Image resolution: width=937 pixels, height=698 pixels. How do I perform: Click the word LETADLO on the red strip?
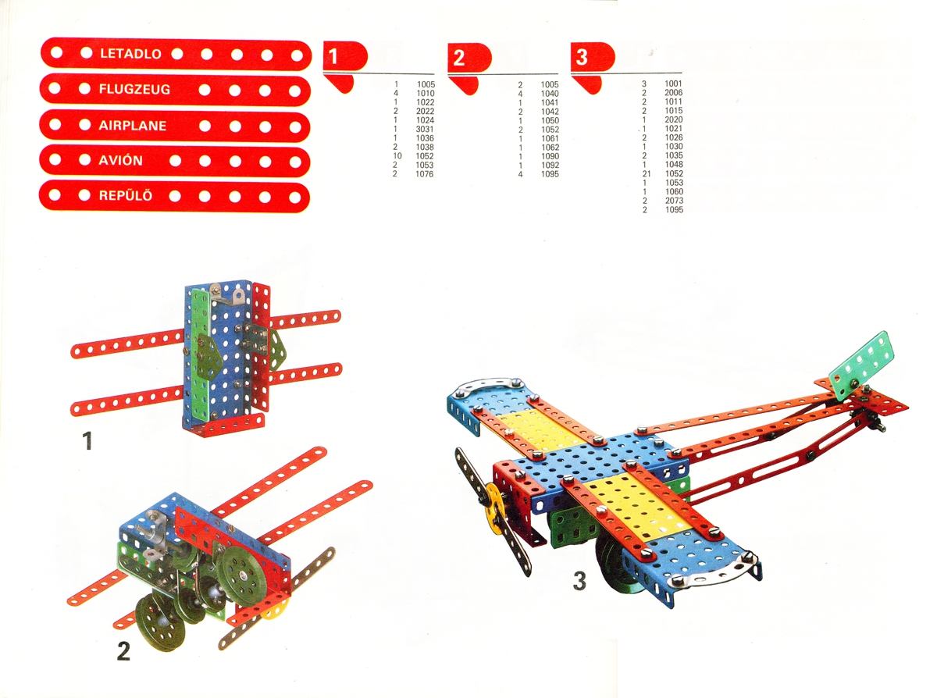[130, 54]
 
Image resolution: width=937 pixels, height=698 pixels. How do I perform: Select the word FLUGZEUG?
[134, 89]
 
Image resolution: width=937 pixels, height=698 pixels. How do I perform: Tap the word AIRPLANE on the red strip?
[132, 126]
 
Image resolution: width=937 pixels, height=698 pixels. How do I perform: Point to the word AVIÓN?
[120, 161]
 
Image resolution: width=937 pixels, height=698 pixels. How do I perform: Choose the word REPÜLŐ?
[125, 196]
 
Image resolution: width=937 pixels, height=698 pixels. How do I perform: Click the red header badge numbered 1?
[345, 55]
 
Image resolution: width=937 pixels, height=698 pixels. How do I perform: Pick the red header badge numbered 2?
[469, 57]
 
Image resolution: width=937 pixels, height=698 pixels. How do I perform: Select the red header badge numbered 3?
[593, 56]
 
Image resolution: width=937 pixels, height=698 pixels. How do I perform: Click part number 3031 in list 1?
[425, 130]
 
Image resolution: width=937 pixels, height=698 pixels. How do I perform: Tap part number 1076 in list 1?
[425, 174]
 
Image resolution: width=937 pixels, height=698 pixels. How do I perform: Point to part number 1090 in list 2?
[550, 156]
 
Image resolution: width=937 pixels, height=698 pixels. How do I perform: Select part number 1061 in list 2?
[550, 139]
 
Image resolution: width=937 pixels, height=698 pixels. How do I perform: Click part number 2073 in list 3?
[674, 201]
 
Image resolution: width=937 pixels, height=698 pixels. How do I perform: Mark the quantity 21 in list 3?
[646, 173]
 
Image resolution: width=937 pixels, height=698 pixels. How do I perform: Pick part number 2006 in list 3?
[673, 93]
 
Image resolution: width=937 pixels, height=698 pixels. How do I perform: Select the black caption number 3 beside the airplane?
[579, 581]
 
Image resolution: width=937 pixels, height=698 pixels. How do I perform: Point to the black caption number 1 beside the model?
[87, 440]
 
